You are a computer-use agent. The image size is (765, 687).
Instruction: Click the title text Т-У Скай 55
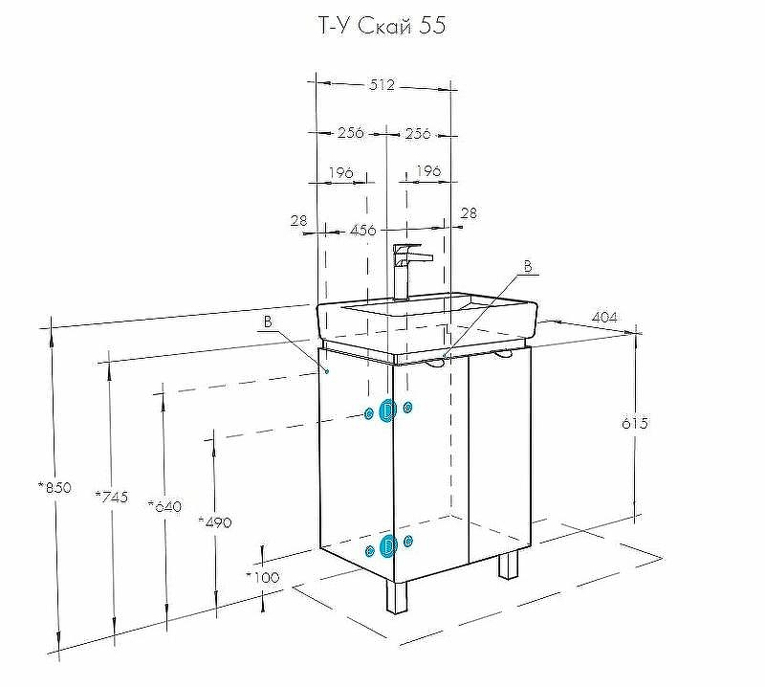381,26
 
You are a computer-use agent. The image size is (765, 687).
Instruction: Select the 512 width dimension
382,85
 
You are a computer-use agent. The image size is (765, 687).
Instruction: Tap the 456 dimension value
362,230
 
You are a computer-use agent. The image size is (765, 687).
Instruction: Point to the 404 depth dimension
603,317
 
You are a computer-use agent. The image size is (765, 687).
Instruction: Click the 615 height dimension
634,423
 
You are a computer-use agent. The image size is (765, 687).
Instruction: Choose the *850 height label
55,487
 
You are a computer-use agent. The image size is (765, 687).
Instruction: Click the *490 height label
214,521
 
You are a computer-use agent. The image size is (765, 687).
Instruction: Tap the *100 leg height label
262,576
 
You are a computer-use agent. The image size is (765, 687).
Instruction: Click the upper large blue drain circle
387,410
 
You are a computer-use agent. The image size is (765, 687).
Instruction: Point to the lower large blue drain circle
387,546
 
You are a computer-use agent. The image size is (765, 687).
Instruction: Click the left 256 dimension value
350,133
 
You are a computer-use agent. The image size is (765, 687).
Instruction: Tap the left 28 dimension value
299,220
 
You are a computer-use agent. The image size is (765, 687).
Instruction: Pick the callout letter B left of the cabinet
270,321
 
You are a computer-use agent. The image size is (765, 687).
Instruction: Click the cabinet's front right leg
509,565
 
